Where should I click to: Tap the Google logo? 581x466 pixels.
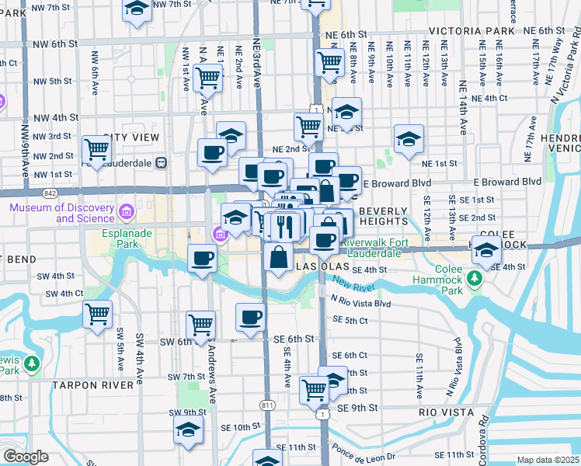tap(26, 457)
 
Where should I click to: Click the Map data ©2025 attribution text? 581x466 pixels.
tap(548, 460)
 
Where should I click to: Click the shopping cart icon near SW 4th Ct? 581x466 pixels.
tap(98, 314)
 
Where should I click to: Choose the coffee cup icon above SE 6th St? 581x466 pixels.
tap(251, 317)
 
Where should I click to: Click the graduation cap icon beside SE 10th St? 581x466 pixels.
tap(188, 430)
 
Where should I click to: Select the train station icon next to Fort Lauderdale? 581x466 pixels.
tap(162, 163)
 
